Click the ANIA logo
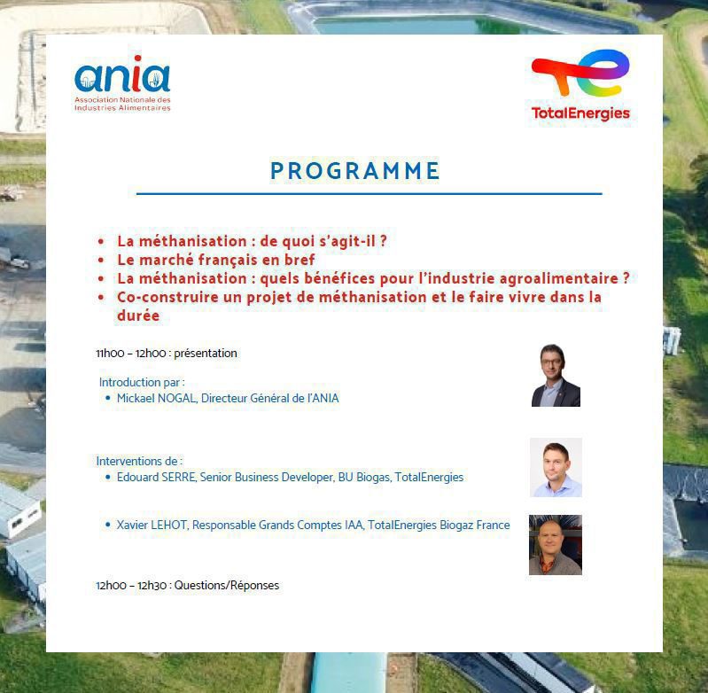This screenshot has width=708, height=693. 121,85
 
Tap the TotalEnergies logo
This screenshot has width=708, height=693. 580,85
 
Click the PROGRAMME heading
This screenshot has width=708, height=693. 355,171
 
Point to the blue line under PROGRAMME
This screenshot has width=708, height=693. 369,193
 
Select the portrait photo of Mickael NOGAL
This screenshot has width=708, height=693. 556,376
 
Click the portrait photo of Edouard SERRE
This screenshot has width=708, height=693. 556,467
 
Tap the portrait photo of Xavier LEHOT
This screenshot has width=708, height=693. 556,544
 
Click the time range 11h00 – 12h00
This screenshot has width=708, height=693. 132,354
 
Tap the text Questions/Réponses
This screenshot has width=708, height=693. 227,586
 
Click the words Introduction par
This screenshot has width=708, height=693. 141,383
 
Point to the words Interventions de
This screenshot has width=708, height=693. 138,462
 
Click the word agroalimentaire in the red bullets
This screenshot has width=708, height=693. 552,278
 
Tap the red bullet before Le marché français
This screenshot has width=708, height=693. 101,261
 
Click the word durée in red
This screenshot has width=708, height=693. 138,315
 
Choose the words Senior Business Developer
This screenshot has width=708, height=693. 266,478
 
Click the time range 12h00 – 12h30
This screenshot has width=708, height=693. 132,586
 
